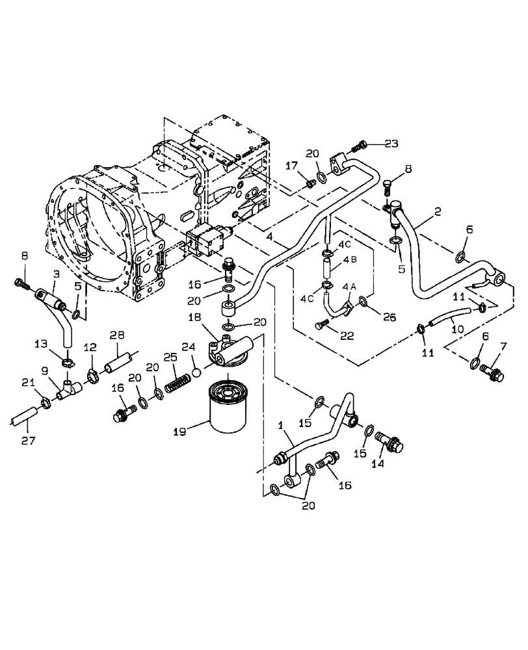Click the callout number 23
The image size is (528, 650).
click(x=390, y=144)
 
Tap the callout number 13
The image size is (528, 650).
click(x=41, y=344)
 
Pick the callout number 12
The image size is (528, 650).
click(x=90, y=348)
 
